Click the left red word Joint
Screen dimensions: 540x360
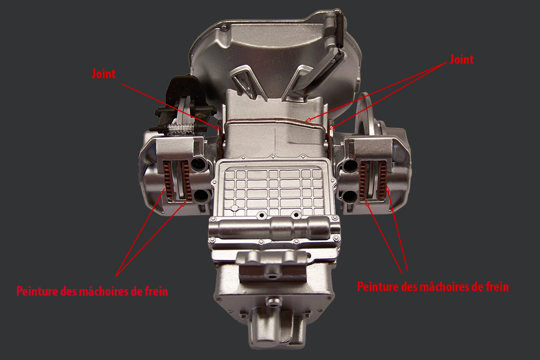pos(103,74)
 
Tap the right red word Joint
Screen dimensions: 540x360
pos(461,59)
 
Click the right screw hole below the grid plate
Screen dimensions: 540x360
pos(296,215)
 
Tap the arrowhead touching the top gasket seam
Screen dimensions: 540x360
pos(308,120)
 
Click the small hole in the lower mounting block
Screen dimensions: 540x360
pos(274,276)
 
